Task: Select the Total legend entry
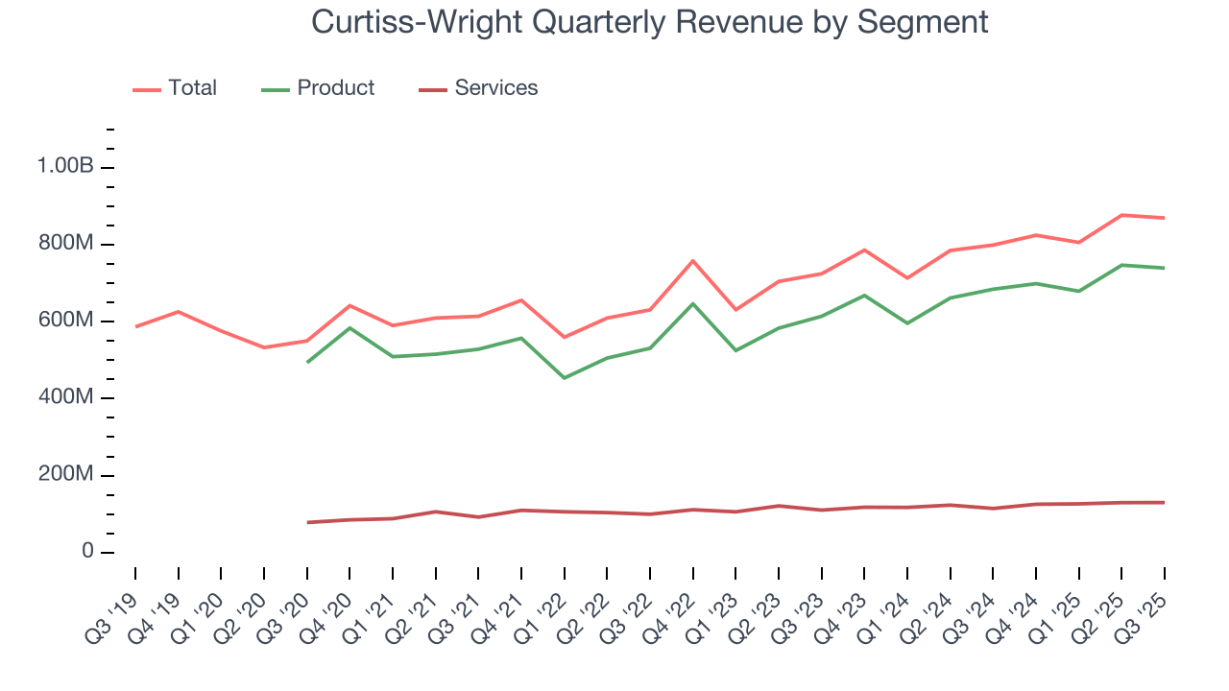pyautogui.click(x=192, y=88)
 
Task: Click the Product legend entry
pyautogui.click(x=335, y=88)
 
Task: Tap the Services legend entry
pyautogui.click(x=495, y=88)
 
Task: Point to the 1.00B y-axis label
pyautogui.click(x=65, y=167)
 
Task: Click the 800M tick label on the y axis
pyautogui.click(x=65, y=244)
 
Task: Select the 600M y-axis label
pyautogui.click(x=65, y=321)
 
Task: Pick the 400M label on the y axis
pyautogui.click(x=65, y=398)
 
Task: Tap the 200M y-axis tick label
pyautogui.click(x=65, y=475)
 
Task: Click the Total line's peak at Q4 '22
pyautogui.click(x=692, y=260)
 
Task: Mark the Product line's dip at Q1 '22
pyautogui.click(x=565, y=377)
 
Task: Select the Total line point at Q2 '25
pyautogui.click(x=1121, y=215)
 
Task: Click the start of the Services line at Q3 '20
pyautogui.click(x=307, y=522)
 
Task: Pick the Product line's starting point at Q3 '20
pyautogui.click(x=307, y=362)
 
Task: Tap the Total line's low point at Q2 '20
pyautogui.click(x=264, y=347)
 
